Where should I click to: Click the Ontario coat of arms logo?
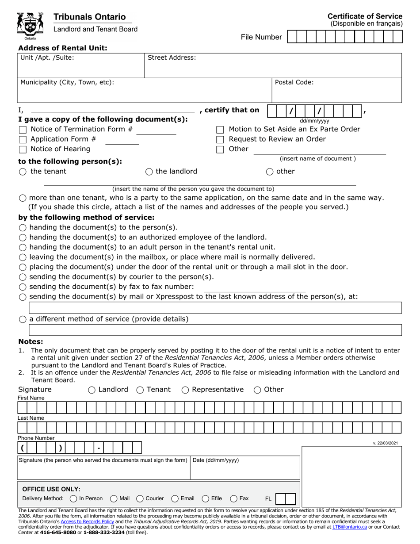[30, 26]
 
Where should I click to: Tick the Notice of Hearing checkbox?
[23, 149]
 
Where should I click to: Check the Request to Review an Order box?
[220, 140]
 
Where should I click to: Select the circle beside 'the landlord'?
[149, 172]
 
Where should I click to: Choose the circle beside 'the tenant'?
[23, 172]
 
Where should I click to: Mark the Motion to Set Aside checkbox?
[220, 130]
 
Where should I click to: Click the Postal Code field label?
[294, 82]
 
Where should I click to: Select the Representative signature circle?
[185, 390]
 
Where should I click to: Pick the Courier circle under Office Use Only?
[140, 498]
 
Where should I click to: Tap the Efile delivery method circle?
[206, 498]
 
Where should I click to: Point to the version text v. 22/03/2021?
[385, 443]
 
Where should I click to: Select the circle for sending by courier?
[23, 277]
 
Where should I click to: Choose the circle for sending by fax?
[23, 287]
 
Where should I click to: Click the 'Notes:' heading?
[31, 341]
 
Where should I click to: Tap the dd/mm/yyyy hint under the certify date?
[314, 121]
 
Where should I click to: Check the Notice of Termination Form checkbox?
[23, 130]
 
